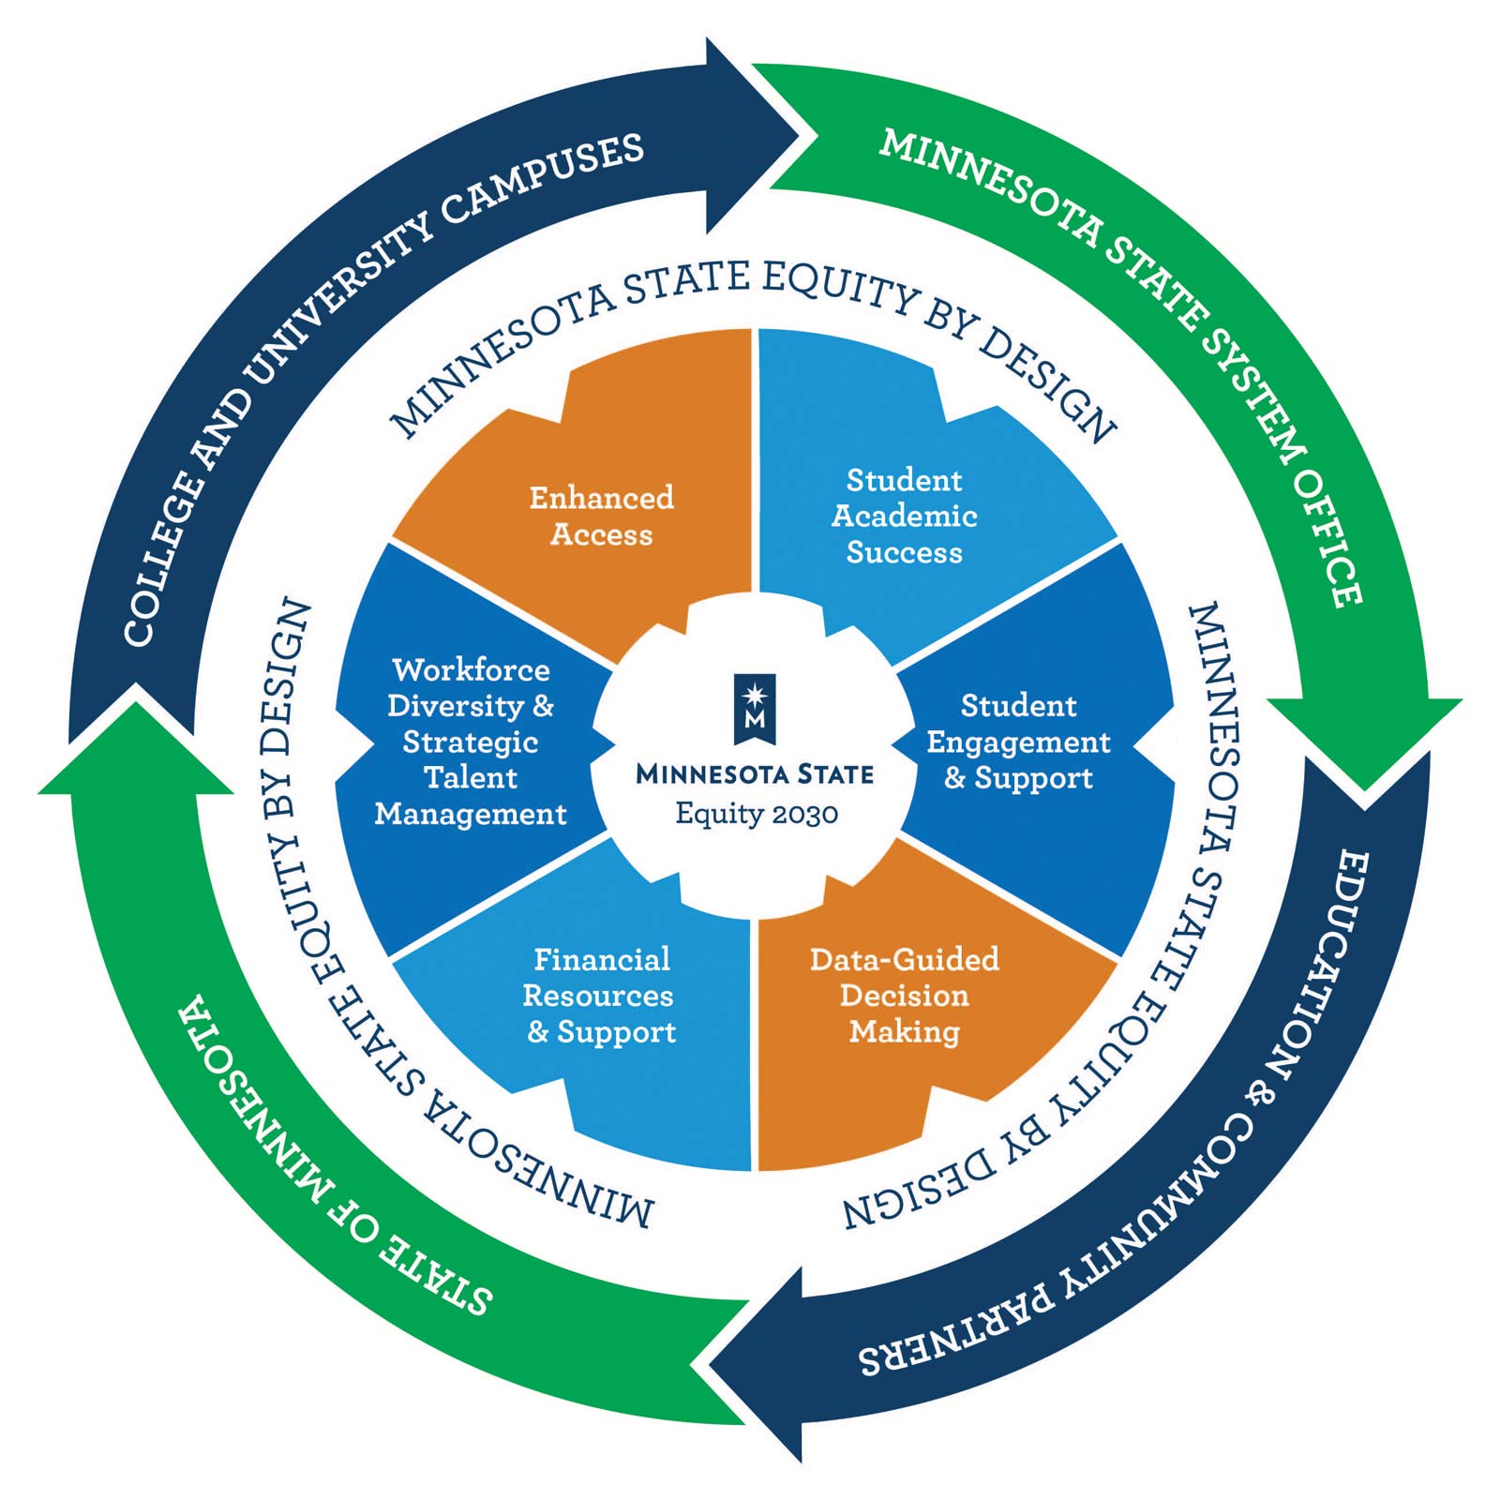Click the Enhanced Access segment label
601,515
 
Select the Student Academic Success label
904,516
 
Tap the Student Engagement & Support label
1018,742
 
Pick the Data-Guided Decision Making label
904,995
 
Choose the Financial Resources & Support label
600,995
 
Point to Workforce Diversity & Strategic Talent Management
471,742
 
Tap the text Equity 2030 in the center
757,813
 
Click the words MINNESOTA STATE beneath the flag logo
755,774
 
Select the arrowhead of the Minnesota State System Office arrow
1364,741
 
